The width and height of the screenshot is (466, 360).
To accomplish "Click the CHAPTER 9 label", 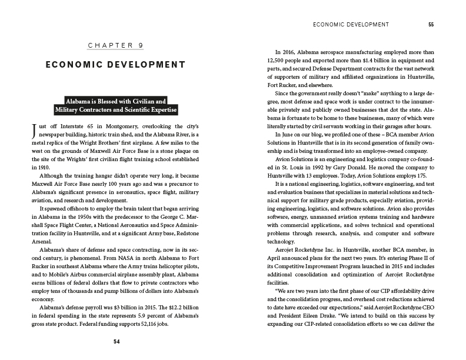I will [115, 45].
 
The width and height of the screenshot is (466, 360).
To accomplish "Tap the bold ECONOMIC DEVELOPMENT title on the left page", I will [115, 64].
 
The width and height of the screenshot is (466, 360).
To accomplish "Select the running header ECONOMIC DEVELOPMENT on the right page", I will [352, 25].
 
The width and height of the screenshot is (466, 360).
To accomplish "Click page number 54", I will [116, 341].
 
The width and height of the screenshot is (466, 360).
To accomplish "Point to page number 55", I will [431, 25].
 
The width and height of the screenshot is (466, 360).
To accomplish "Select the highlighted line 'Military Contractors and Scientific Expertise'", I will [116, 110].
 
